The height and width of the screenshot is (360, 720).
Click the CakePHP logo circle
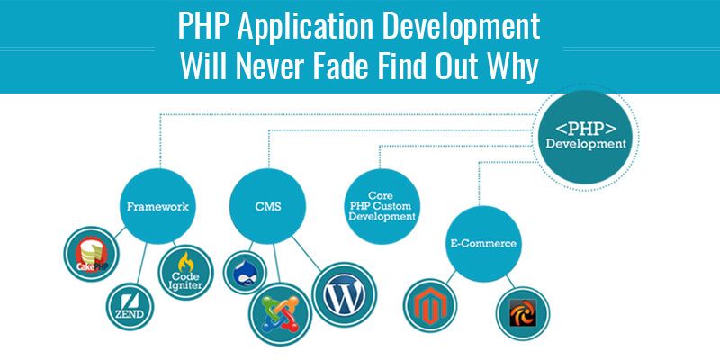click(x=92, y=254)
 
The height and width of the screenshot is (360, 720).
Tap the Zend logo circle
click(x=130, y=306)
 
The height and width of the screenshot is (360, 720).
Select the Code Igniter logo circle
click(x=186, y=273)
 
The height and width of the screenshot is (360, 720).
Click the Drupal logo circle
click(x=245, y=273)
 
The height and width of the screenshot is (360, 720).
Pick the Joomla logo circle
click(x=281, y=314)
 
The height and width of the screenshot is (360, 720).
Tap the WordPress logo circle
click(x=345, y=294)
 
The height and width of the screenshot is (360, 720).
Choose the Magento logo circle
click(x=430, y=305)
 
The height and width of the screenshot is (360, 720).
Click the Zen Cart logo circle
click(x=523, y=313)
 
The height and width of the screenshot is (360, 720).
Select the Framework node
click(x=158, y=207)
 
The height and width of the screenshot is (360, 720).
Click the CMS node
click(x=267, y=207)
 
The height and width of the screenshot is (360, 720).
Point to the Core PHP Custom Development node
click(x=382, y=207)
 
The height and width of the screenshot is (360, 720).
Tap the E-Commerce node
click(x=484, y=244)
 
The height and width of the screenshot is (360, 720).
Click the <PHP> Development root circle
click(x=586, y=137)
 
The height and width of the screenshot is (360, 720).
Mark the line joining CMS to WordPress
click(x=307, y=254)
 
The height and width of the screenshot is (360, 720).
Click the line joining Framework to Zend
click(x=141, y=263)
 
